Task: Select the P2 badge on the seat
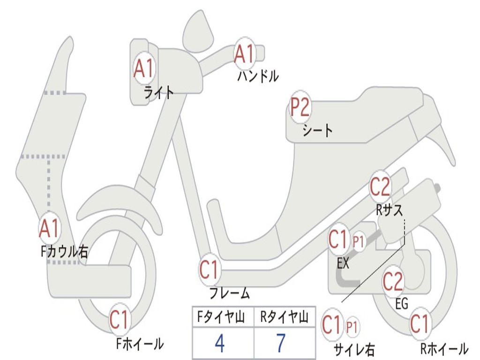[x=300, y=108]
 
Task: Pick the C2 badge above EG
[x=393, y=281]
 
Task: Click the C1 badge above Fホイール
[x=119, y=321]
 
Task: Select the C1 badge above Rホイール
[x=420, y=323]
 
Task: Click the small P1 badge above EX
[x=359, y=242]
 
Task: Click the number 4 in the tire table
[x=219, y=344]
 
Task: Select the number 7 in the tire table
[x=280, y=344]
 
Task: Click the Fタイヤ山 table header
[x=219, y=318]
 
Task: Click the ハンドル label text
[x=258, y=75]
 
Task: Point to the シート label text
[x=317, y=130]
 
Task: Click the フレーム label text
[x=230, y=294]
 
